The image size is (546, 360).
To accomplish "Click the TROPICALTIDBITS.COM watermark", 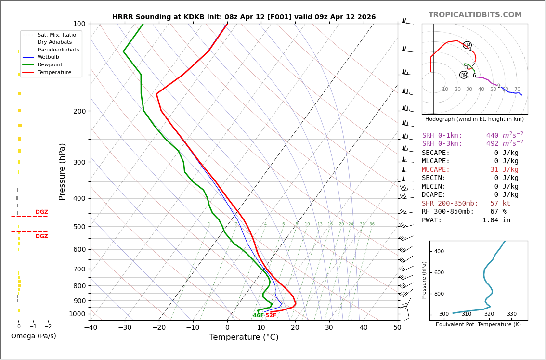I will (x=475, y=15).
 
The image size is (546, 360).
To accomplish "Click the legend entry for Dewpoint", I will (x=50, y=64).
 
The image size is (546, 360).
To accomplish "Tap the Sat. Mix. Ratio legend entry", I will (x=56, y=35).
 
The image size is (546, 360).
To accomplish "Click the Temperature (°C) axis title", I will (x=244, y=337).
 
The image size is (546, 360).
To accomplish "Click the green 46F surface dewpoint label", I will (x=258, y=316).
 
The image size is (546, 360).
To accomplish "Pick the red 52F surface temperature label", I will (x=271, y=316).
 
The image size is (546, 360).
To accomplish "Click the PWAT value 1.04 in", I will (x=496, y=220).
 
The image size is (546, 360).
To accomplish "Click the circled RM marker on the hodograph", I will (x=464, y=75).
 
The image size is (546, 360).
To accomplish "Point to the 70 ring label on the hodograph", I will (x=517, y=90).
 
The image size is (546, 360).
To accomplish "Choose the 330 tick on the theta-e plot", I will (x=511, y=314).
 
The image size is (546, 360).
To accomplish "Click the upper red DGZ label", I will (x=41, y=212).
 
